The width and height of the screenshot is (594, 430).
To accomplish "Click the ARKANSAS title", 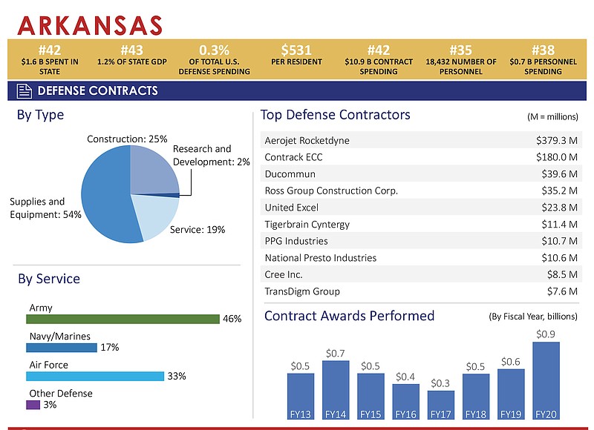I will click(90, 24).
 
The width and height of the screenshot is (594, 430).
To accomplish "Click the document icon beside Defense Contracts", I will click(25, 91).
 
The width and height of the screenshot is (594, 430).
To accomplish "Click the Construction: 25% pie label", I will click(127, 139).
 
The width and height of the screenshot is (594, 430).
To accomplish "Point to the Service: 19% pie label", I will click(197, 230).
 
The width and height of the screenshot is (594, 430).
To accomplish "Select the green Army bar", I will click(123, 319).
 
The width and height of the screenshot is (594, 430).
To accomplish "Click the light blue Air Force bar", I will click(95, 376).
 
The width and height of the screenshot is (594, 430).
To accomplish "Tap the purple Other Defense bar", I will click(33, 405).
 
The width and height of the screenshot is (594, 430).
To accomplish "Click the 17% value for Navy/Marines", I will click(110, 347).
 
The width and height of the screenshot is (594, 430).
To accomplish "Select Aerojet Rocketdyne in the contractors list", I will click(307, 140).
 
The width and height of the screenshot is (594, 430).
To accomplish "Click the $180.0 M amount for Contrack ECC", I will click(556, 157).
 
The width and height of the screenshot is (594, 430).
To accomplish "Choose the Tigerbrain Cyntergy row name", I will click(307, 224).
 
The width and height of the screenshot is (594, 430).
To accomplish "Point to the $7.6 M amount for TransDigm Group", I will click(561, 291).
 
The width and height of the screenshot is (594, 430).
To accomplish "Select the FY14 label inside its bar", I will click(336, 414).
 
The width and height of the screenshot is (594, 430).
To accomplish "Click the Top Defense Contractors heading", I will click(335, 115).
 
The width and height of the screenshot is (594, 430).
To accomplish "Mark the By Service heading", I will click(49, 279).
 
